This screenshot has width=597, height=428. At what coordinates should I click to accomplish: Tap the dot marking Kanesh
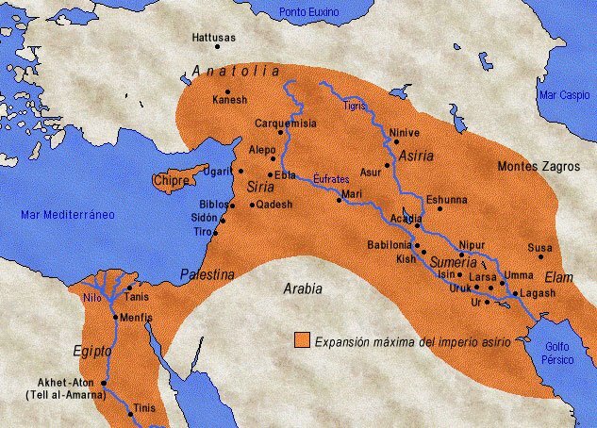(227, 91)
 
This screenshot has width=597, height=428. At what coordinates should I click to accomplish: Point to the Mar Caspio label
(562, 95)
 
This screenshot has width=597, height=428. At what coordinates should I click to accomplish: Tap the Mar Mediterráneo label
(68, 215)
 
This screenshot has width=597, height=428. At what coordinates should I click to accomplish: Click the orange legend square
(302, 338)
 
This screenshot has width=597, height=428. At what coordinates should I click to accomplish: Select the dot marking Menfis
(115, 317)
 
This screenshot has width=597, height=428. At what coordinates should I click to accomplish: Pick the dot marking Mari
(339, 202)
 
